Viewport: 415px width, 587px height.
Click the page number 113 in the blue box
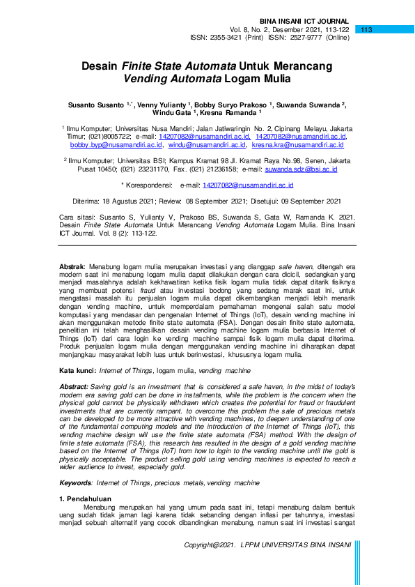pyautogui.click(x=368, y=29)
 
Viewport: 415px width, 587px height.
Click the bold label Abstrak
pyautogui.click(x=72, y=266)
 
